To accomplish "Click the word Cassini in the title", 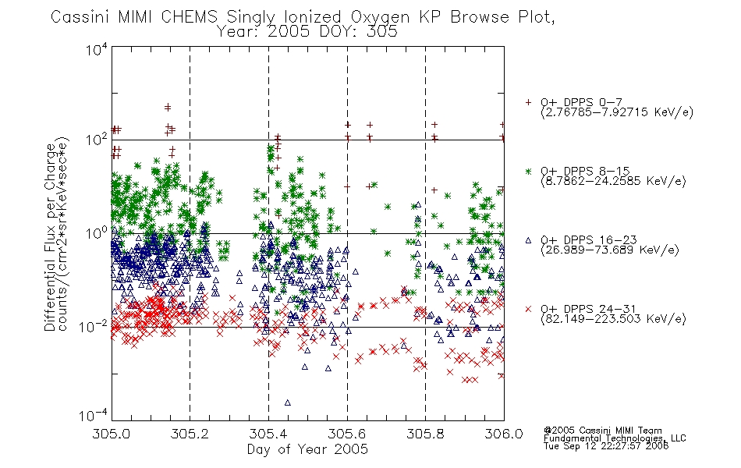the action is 80,17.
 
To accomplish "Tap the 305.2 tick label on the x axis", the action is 190,434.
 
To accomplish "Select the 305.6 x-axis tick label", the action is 347,434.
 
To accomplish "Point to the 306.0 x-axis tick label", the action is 504,434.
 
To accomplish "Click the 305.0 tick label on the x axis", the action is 112,434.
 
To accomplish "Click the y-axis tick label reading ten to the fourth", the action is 97,49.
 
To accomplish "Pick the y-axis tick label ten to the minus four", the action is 93,415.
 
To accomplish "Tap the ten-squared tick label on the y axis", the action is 97,140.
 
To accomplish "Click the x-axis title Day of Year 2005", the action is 307,449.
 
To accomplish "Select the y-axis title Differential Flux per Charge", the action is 50,237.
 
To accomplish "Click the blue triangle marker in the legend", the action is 528,240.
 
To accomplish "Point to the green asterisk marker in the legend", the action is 528,171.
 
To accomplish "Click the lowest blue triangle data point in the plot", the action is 287,402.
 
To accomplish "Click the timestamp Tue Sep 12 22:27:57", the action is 596,446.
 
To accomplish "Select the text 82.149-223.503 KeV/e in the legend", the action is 613,319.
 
